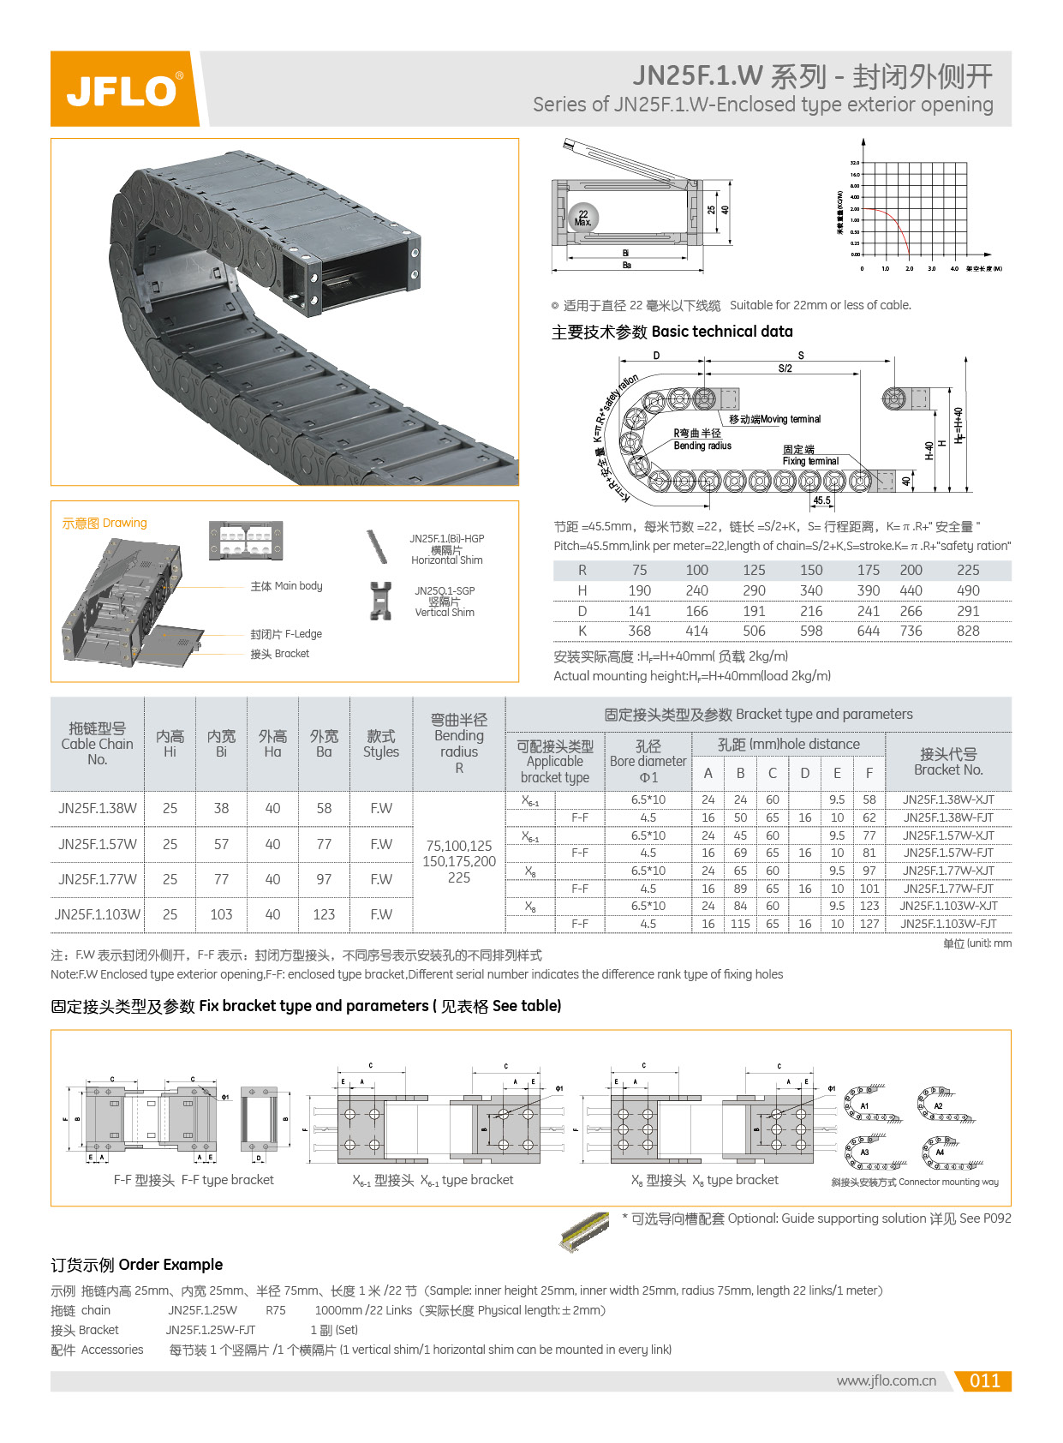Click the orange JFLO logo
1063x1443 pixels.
pyautogui.click(x=124, y=89)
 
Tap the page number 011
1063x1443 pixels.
pyautogui.click(x=984, y=1380)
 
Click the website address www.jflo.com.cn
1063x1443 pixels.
pyautogui.click(x=886, y=1380)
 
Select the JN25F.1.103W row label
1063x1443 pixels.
pyautogui.click(x=98, y=914)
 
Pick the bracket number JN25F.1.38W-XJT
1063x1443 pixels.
pyautogui.click(x=948, y=799)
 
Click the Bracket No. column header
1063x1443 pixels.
pyautogui.click(x=948, y=762)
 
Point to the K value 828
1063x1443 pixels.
pyautogui.click(x=968, y=632)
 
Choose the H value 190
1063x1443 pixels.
pyautogui.click(x=639, y=590)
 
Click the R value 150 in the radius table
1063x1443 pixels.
pyautogui.click(x=810, y=570)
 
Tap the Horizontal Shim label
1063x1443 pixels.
pyautogui.click(x=446, y=560)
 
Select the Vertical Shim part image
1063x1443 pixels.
pyautogui.click(x=380, y=601)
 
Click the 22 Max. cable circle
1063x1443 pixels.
pyautogui.click(x=583, y=218)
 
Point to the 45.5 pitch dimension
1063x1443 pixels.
pyautogui.click(x=821, y=500)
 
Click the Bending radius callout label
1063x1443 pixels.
pyautogui.click(x=702, y=446)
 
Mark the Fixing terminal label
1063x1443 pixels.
pyautogui.click(x=810, y=461)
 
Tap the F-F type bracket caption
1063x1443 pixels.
pyautogui.click(x=194, y=1180)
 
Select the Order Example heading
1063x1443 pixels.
pyautogui.click(x=136, y=1265)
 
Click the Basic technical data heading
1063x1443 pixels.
pyautogui.click(x=672, y=332)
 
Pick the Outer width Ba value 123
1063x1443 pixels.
pyautogui.click(x=324, y=914)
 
